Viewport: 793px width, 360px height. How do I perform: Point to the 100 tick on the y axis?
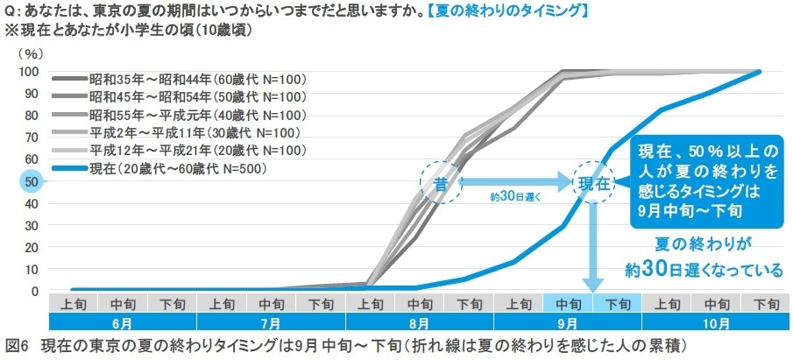coord(28,72)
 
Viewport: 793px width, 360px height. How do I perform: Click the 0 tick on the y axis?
coord(32,291)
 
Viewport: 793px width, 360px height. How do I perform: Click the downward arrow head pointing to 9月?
coord(592,285)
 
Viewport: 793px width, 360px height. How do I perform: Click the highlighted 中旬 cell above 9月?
coord(568,305)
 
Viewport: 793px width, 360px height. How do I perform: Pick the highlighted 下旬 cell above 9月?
coord(617,305)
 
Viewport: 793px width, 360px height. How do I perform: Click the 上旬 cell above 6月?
coord(74,305)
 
